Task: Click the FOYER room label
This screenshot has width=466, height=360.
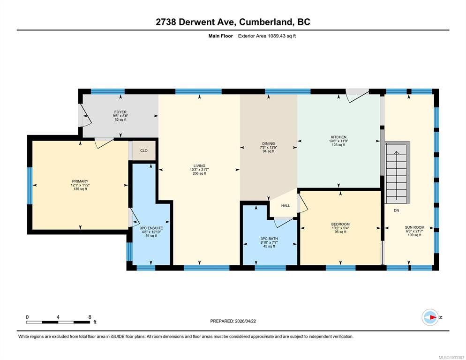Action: (120, 112)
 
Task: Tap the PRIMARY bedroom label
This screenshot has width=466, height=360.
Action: (80, 181)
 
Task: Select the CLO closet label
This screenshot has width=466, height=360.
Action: (144, 151)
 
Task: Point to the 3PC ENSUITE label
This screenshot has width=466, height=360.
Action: (151, 228)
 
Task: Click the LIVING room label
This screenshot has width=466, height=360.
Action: (199, 166)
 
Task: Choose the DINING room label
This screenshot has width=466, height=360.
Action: (268, 143)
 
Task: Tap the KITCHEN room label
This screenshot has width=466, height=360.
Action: (338, 137)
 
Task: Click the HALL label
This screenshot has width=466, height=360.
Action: (286, 206)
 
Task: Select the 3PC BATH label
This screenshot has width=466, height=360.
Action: (269, 239)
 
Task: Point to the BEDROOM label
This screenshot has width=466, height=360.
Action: (340, 224)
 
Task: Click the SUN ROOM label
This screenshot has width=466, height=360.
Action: (414, 227)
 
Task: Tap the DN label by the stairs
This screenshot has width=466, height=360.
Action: (397, 210)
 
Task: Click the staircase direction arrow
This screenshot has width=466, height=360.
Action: (396, 175)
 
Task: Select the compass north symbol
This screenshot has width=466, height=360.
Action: (430, 317)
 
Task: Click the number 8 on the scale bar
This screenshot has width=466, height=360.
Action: (90, 317)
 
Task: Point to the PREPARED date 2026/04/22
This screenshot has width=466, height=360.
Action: (246, 321)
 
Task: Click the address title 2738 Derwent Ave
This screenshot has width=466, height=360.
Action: (196, 22)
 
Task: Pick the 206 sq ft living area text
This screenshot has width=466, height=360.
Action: (199, 173)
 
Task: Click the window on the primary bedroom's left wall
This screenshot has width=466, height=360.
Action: (30, 186)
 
